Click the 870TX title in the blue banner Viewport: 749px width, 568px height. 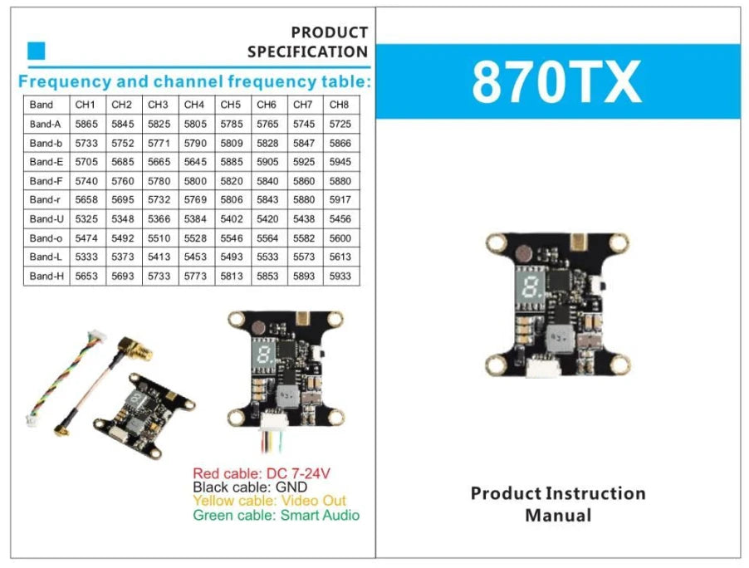[x=556, y=81]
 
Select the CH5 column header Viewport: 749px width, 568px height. [x=230, y=105]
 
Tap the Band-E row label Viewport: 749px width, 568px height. [x=46, y=162]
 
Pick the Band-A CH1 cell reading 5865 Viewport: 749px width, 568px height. [x=86, y=124]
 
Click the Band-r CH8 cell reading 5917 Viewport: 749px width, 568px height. [x=340, y=200]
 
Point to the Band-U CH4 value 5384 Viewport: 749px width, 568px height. [x=194, y=219]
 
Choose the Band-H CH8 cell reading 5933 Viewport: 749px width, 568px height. [x=340, y=276]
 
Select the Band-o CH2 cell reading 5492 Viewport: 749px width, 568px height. [x=121, y=238]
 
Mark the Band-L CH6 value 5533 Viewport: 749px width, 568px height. [x=267, y=257]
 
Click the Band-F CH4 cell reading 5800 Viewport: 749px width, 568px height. [x=194, y=181]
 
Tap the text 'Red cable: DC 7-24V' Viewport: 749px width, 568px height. [x=262, y=473]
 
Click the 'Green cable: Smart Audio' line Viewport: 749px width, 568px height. [x=276, y=516]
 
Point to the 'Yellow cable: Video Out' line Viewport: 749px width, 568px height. [x=269, y=502]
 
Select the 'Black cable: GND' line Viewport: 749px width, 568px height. [x=249, y=487]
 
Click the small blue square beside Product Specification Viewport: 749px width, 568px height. [x=37, y=51]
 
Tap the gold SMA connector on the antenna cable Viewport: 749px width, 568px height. [x=136, y=350]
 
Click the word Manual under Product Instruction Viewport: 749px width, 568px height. [x=558, y=516]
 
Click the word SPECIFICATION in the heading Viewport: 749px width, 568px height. [x=307, y=51]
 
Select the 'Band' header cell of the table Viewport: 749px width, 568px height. [x=41, y=105]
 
